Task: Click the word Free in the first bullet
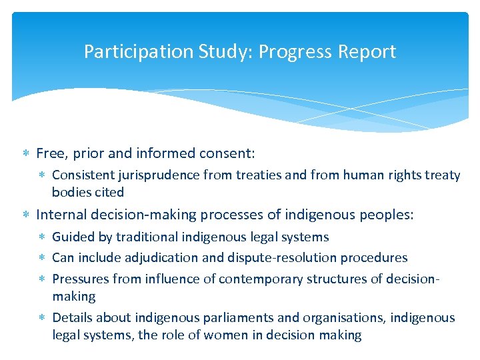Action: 49,153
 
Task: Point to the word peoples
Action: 387,215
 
